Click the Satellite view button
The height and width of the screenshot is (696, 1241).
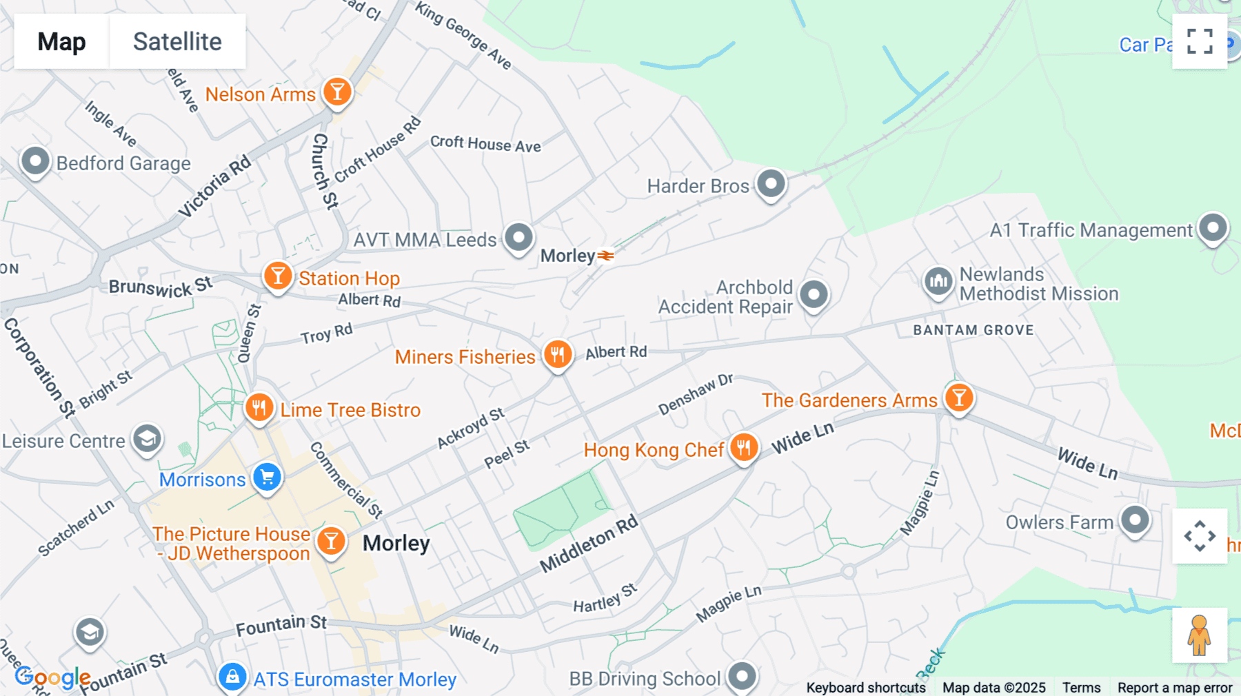(177, 41)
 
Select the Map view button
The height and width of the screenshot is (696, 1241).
(61, 41)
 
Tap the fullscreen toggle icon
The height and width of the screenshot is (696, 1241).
(1200, 41)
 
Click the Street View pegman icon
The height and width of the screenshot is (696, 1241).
(1199, 635)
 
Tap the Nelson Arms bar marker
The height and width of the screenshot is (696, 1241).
(337, 92)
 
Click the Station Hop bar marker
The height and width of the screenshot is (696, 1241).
(278, 276)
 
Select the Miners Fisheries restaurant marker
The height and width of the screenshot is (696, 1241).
(558, 355)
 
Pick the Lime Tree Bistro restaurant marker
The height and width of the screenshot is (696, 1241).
(259, 408)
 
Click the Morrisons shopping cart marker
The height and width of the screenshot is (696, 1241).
(268, 477)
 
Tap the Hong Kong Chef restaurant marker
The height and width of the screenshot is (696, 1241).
(743, 448)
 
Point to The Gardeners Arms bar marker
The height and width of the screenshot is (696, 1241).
(958, 398)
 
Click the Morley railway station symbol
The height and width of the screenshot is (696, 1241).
(605, 256)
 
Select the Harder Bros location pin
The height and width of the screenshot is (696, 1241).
(771, 184)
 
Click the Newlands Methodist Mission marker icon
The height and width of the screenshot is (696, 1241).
(938, 281)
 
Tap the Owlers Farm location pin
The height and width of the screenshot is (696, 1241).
(1135, 520)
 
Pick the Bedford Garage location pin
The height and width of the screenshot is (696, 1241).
(35, 162)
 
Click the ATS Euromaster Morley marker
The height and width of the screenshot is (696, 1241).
(233, 677)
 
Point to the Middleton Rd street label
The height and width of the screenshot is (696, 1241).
(589, 544)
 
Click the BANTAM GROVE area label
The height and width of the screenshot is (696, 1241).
(973, 330)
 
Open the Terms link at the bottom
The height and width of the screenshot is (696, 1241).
(1081, 687)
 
